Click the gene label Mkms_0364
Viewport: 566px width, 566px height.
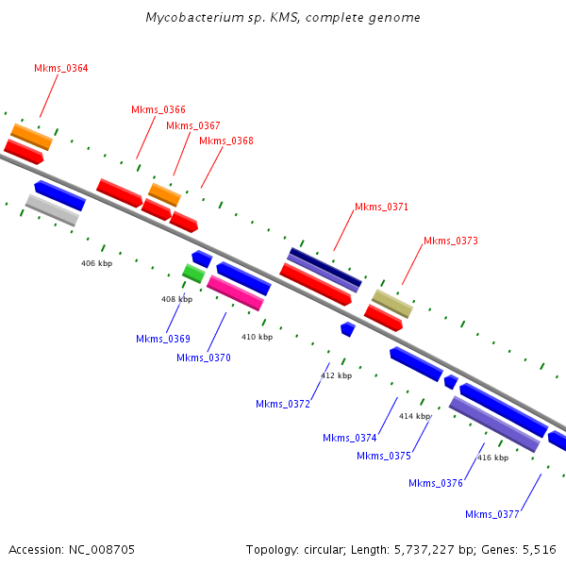pos(60,68)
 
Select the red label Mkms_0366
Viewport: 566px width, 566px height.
pos(158,109)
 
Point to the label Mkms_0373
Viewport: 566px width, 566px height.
pos(450,241)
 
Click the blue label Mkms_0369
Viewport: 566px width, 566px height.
pos(162,339)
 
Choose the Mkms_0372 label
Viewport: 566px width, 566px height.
pos(282,404)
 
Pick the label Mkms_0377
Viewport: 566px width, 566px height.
pos(491,514)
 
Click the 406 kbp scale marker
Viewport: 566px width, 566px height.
pos(96,263)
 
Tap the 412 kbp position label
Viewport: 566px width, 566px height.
pos(336,375)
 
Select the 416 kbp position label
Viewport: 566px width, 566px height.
pos(492,458)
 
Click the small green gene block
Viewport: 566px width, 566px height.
pos(193,274)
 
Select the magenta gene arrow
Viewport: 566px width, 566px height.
pos(235,292)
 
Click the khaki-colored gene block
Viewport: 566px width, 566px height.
pos(391,303)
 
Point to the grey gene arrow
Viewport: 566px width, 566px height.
pos(52,209)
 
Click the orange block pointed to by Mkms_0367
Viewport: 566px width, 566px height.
pos(164,194)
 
